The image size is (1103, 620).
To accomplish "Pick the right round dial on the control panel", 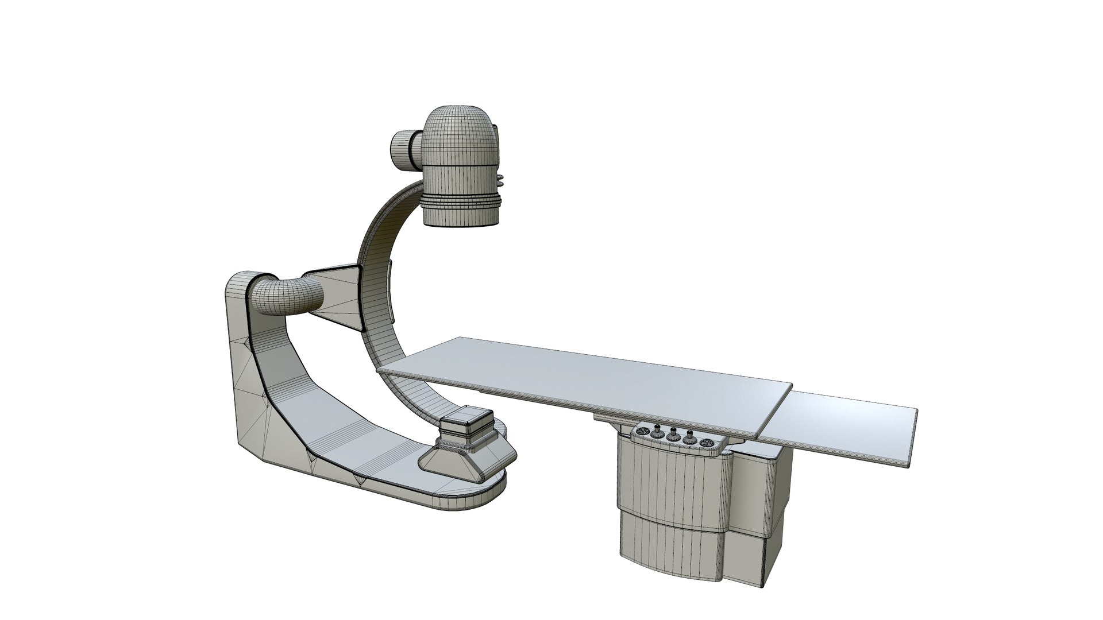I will (x=705, y=443).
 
